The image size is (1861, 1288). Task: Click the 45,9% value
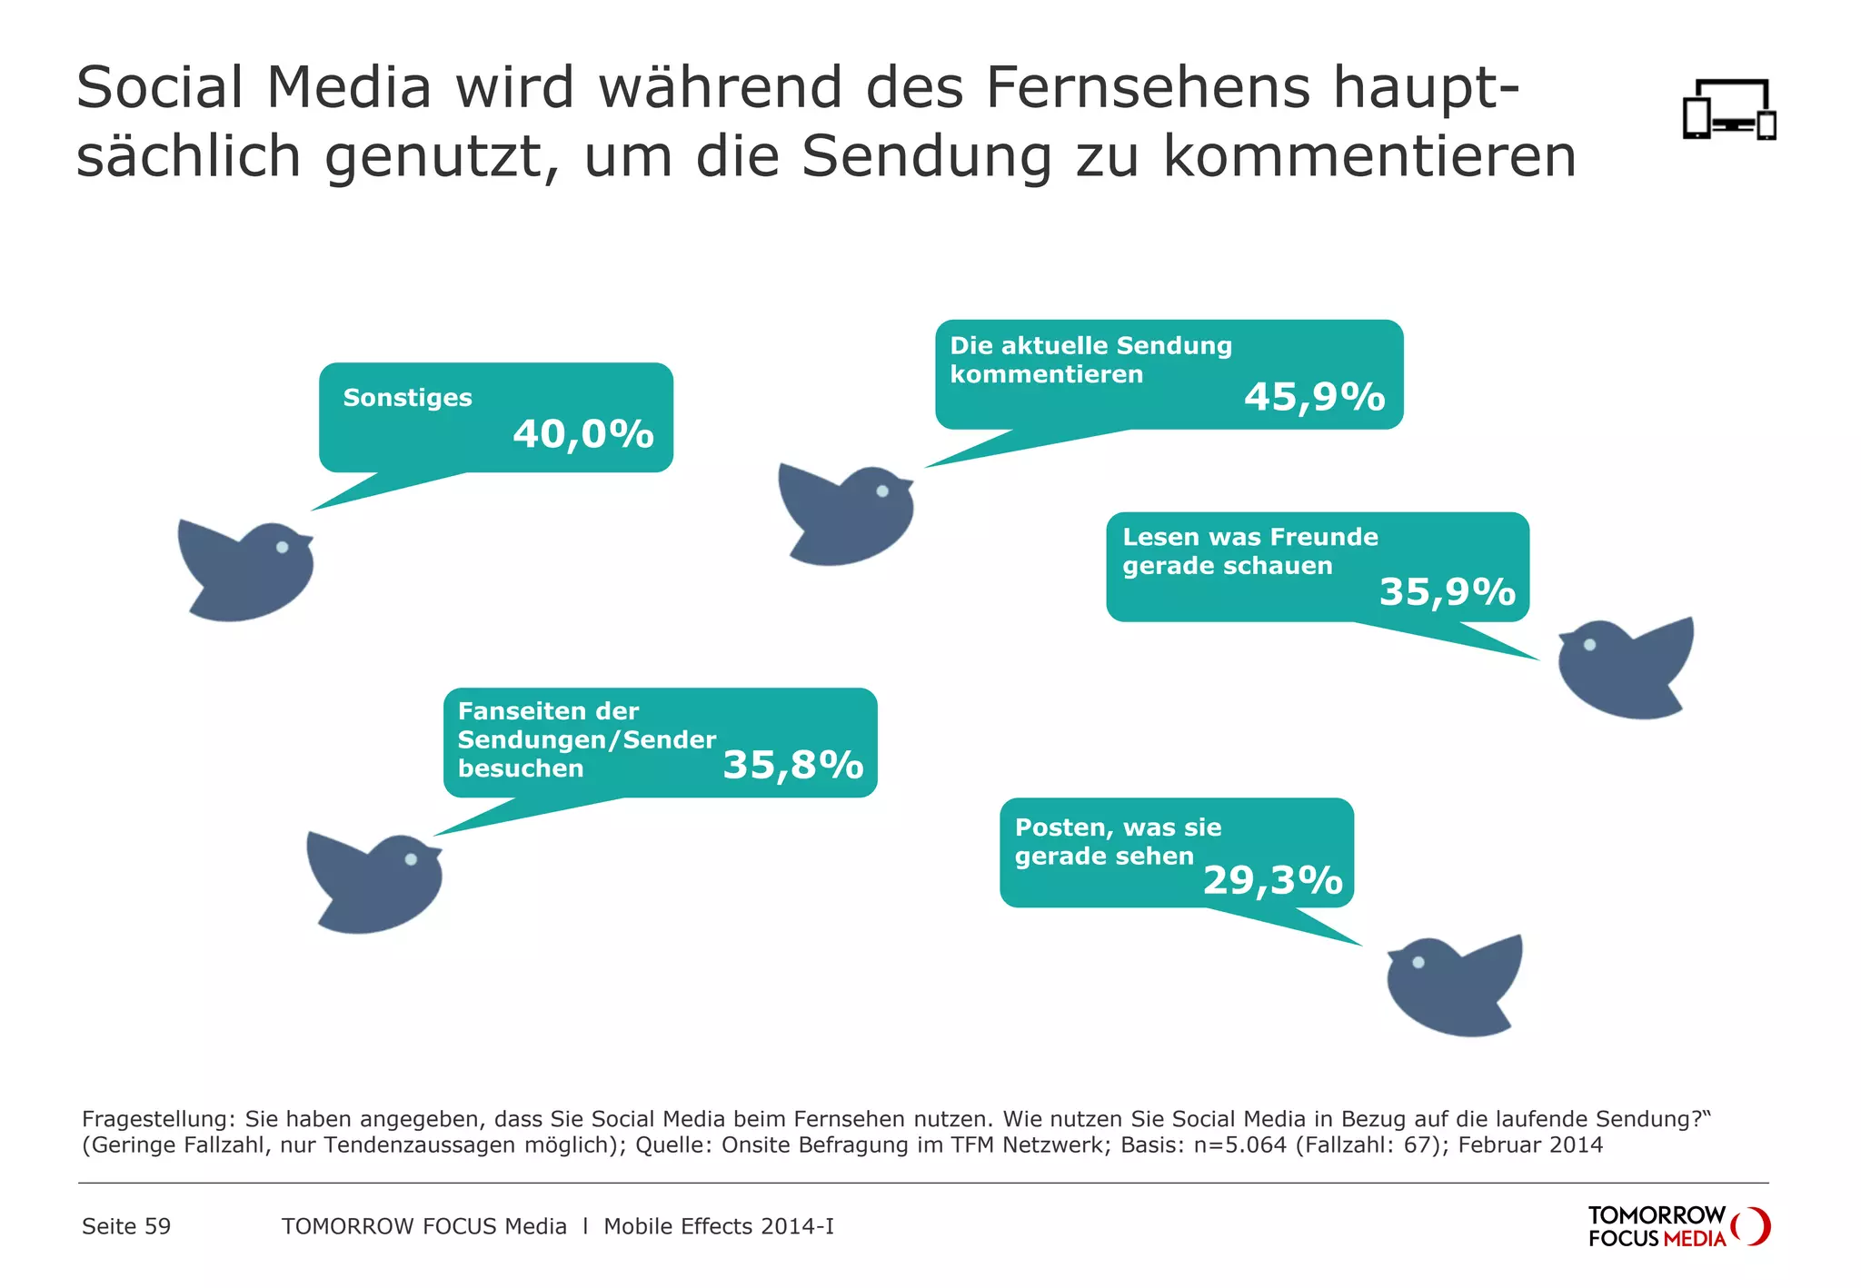1314,397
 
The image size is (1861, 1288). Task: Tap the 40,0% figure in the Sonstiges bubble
583,434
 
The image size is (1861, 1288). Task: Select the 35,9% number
1448,591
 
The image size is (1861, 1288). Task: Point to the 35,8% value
792,765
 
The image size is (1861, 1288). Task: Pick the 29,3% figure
1272,880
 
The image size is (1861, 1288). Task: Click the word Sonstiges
407,398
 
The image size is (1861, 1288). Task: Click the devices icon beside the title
1728,110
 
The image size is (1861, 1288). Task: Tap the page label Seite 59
126,1226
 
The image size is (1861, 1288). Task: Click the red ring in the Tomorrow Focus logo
1753,1226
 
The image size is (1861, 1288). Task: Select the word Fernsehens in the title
1148,88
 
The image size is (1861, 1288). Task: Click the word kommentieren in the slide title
1369,156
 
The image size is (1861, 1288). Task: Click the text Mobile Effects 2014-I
718,1226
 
